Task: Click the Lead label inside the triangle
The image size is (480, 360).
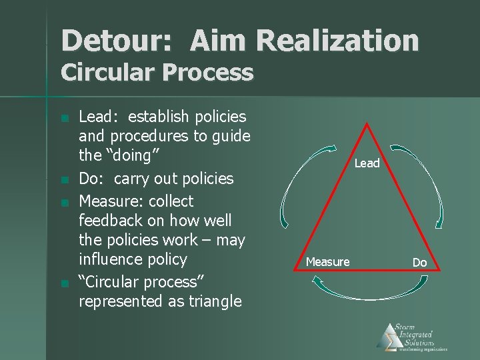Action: coord(367,163)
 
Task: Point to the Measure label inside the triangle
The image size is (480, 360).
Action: coord(327,262)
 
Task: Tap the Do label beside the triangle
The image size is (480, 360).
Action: coord(419,263)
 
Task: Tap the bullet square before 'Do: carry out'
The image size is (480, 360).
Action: coord(63,181)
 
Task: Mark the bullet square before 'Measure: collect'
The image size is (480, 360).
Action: coord(63,203)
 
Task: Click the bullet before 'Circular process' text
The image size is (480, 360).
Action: coord(63,283)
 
